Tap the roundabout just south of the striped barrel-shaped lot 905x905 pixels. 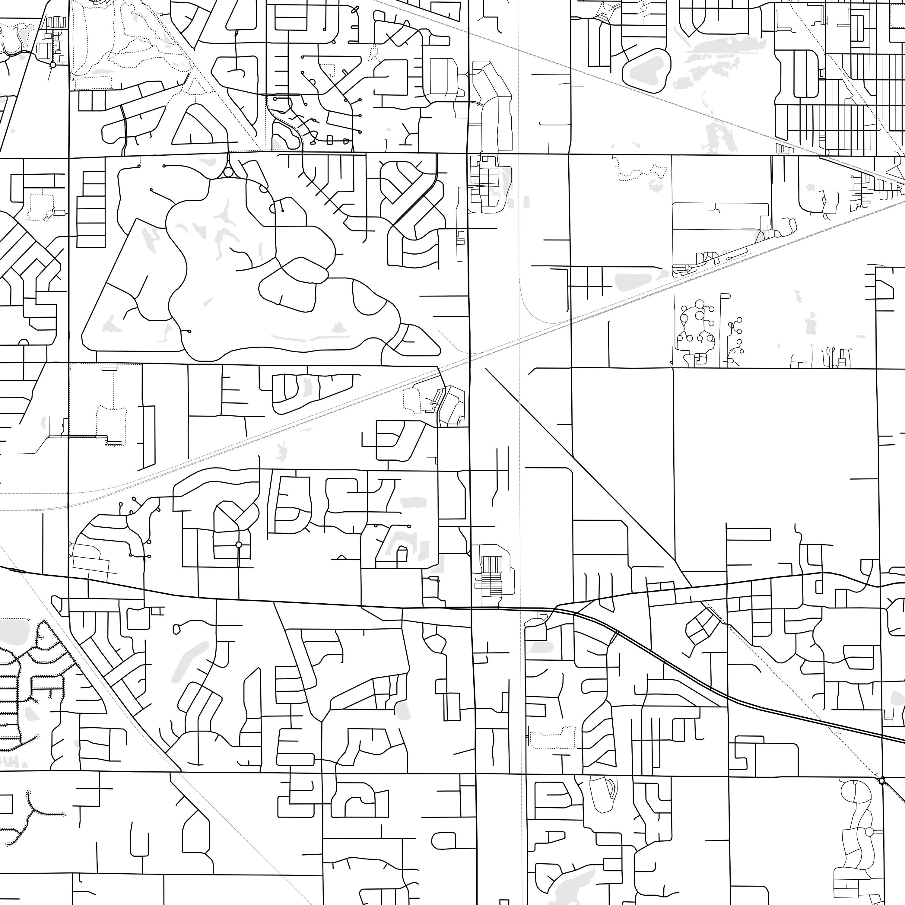(53, 65)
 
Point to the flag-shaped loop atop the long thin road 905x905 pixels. (725, 296)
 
